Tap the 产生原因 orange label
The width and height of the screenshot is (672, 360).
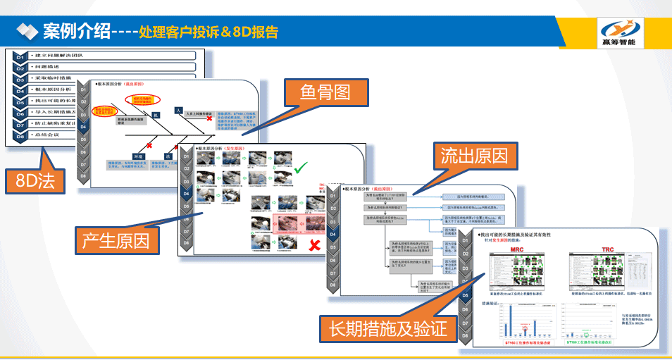coord(116,240)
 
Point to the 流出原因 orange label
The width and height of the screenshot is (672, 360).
coord(473,154)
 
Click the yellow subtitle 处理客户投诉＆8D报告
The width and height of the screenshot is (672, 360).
coord(209,32)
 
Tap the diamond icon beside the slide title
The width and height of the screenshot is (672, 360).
coord(27,31)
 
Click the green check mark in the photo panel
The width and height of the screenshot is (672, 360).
coord(301,168)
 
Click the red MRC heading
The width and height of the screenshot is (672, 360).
coord(516,250)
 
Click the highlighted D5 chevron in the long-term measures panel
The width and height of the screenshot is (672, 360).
coord(466,296)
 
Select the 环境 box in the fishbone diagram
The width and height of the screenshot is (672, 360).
coord(139,156)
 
